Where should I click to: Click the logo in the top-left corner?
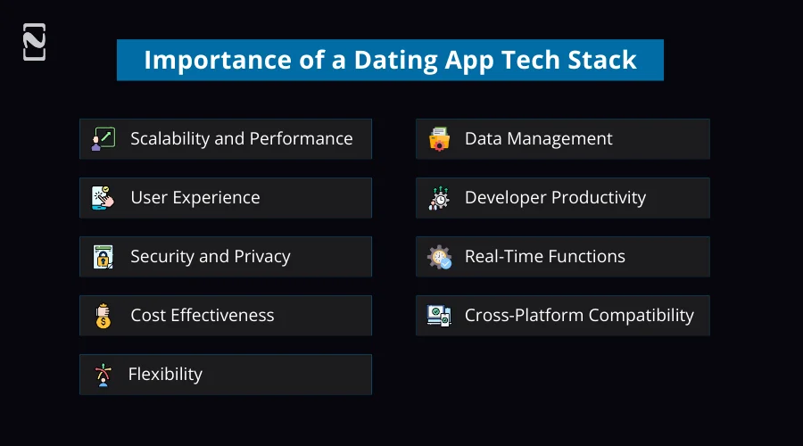pos(34,42)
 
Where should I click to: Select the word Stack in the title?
pos(598,60)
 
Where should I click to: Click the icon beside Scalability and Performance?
pos(103,139)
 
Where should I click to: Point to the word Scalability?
pos(170,138)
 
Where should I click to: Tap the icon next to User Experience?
pos(103,198)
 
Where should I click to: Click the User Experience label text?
pos(195,197)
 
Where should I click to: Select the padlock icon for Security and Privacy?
pos(103,257)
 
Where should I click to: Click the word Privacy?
pos(261,256)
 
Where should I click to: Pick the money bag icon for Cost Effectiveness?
pos(103,316)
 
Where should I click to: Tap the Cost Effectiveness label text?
pos(202,315)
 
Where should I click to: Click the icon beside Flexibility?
pos(103,375)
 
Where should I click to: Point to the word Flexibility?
pos(165,374)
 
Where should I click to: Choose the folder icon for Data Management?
pos(439,139)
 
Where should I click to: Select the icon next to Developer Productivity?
pos(439,198)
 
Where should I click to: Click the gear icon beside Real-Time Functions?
pos(439,257)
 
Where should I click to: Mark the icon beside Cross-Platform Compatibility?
pos(439,316)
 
